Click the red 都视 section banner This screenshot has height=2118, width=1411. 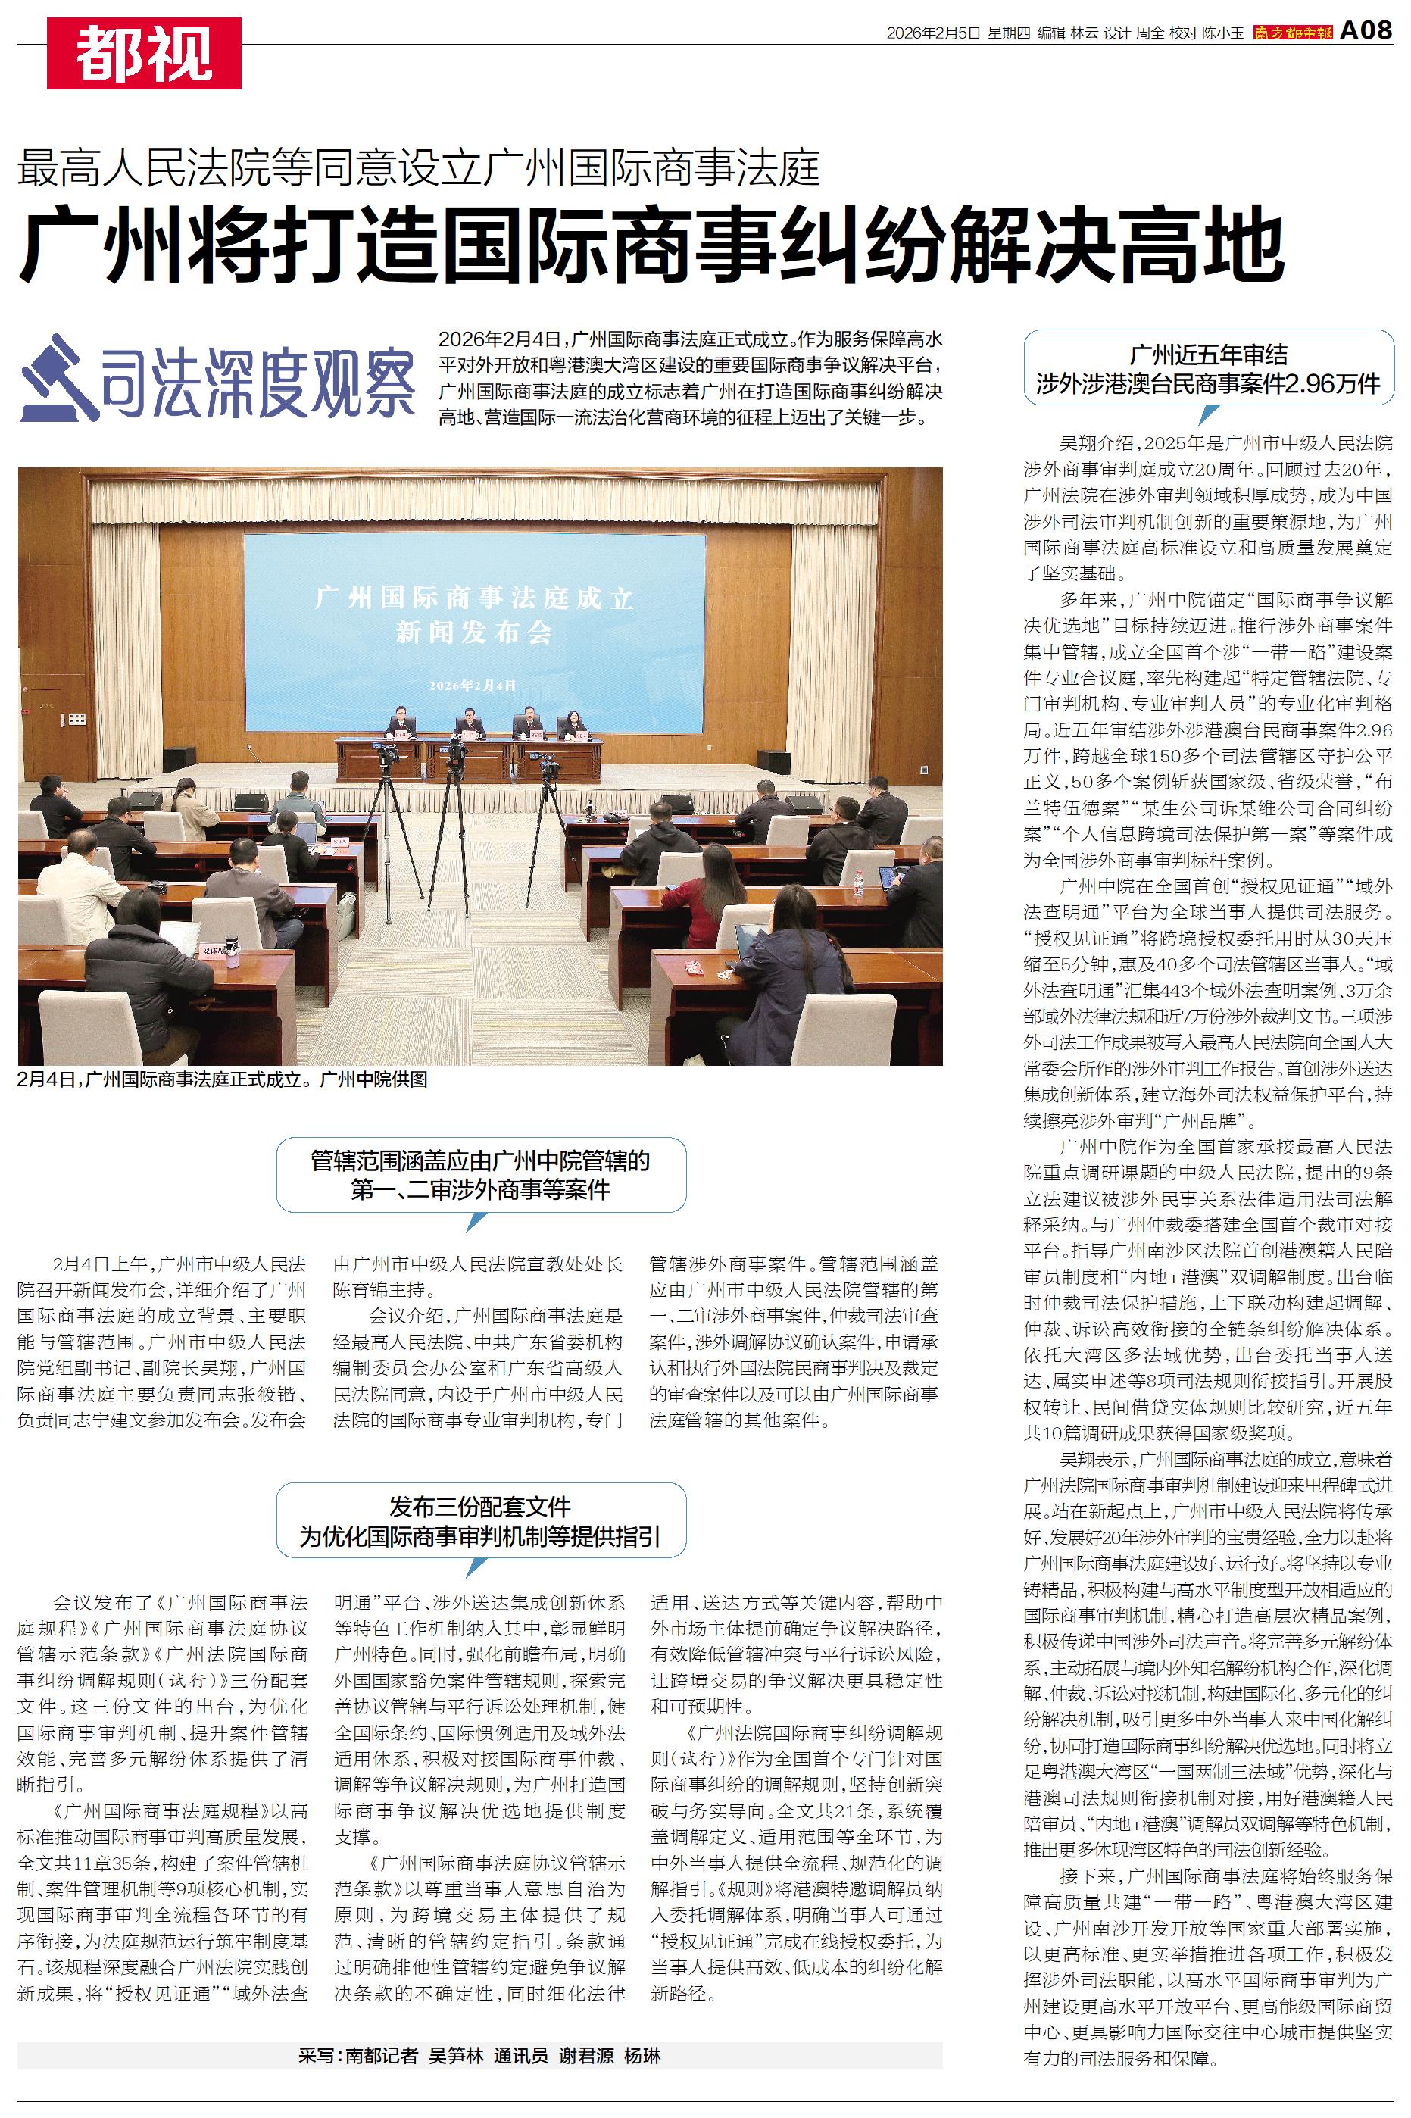click(x=144, y=53)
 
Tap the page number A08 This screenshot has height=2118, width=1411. click(x=1366, y=32)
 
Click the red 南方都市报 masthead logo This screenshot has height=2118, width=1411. click(x=1291, y=33)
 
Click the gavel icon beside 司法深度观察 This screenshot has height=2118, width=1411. click(x=58, y=378)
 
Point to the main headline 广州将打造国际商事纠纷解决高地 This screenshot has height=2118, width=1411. click(x=651, y=244)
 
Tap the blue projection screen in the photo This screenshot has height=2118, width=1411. click(x=474, y=629)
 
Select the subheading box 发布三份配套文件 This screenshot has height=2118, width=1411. click(x=480, y=1520)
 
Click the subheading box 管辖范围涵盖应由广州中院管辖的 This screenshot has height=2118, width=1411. click(x=480, y=1174)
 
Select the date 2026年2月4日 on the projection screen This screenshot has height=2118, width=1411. click(x=473, y=685)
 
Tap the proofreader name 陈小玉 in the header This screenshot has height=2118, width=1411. click(x=1223, y=33)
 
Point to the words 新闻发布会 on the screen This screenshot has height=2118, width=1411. click(x=474, y=633)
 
